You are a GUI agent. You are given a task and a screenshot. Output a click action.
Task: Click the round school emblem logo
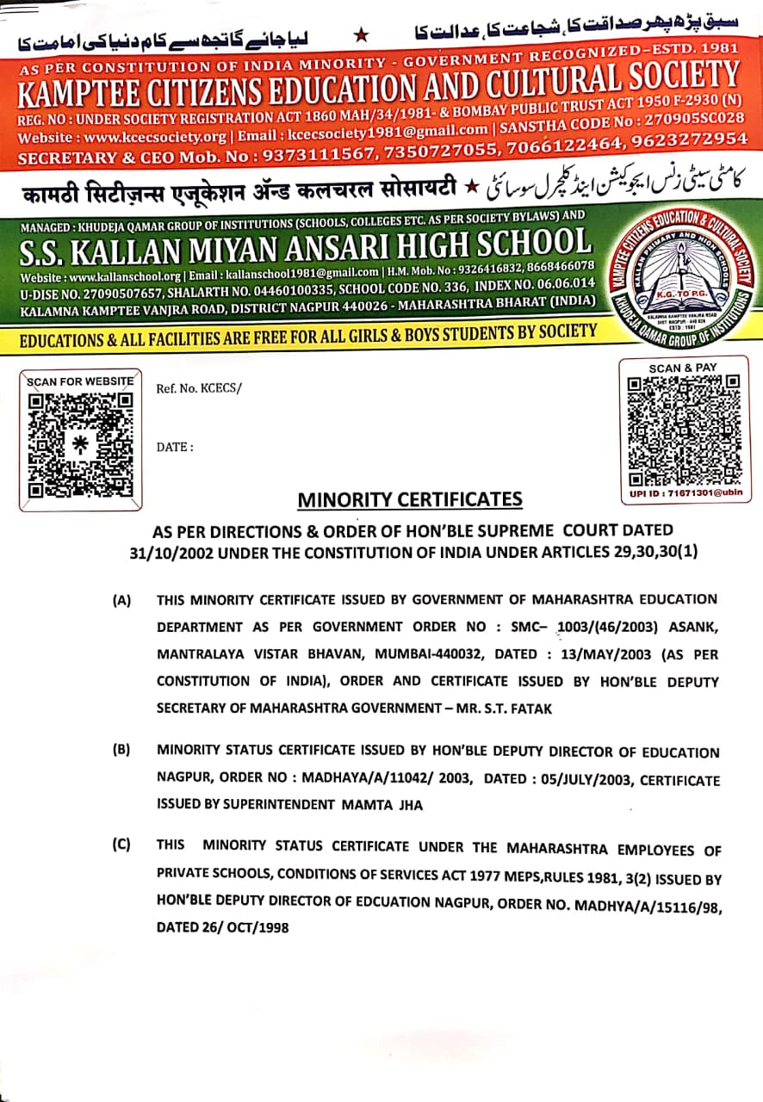click(x=680, y=270)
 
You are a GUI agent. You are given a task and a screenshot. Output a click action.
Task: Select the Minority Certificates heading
click(x=410, y=499)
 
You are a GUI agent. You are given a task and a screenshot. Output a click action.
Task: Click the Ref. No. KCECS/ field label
click(x=199, y=388)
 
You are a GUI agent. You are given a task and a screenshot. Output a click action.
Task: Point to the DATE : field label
click(x=175, y=447)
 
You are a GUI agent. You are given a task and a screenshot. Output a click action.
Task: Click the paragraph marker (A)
click(x=121, y=599)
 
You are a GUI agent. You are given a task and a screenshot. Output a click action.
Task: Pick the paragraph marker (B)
click(x=121, y=749)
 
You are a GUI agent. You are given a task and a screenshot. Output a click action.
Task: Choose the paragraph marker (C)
click(x=121, y=844)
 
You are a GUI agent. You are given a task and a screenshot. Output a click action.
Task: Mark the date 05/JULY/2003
click(x=582, y=779)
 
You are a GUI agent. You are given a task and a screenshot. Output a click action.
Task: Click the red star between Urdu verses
click(x=362, y=34)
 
